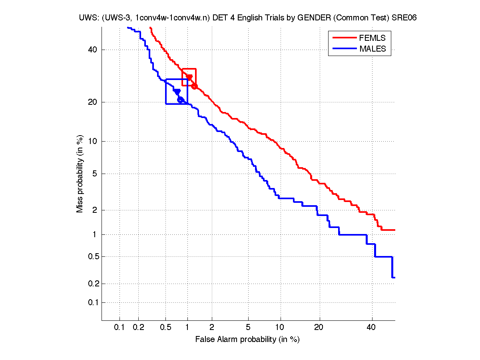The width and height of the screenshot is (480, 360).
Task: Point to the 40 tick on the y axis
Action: [93, 50]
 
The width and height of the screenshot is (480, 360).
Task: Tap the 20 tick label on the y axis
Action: [93, 102]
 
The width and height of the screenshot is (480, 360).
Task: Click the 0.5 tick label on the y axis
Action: [92, 256]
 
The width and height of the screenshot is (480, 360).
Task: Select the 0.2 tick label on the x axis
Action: [138, 328]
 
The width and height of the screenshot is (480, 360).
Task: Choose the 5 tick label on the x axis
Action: [248, 328]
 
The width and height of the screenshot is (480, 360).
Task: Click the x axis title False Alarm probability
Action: [247, 340]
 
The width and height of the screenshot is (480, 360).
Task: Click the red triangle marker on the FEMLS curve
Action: [189, 77]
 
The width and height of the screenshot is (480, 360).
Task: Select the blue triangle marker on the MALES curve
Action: [177, 92]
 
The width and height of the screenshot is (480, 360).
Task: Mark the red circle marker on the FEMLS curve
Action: [194, 86]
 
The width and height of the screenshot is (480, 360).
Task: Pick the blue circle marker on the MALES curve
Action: [180, 100]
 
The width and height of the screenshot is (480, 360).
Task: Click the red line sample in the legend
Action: [344, 38]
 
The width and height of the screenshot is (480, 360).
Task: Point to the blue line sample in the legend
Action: [344, 49]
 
